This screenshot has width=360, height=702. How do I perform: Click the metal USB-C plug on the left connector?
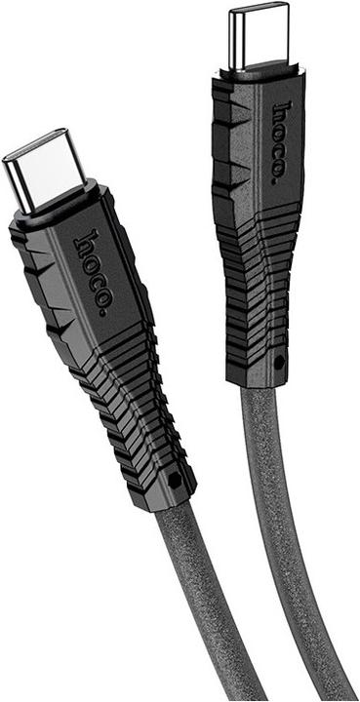coord(44,171)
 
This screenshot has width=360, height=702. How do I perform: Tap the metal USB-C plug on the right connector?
coord(259,36)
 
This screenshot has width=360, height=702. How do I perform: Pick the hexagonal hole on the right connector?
coord(279,362)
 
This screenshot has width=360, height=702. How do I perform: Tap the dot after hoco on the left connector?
coord(103,313)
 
